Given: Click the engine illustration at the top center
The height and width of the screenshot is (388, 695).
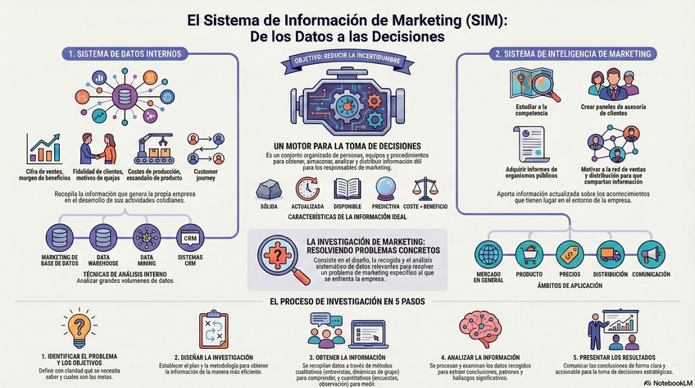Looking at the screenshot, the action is [x=347, y=104].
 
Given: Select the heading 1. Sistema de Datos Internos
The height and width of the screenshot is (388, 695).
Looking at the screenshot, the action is [x=125, y=54].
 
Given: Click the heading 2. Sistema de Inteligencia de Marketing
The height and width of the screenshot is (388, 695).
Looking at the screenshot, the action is [x=574, y=54].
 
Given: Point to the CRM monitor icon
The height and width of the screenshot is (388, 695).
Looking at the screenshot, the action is [x=189, y=238].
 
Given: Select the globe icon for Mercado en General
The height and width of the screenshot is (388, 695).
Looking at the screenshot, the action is [x=490, y=254].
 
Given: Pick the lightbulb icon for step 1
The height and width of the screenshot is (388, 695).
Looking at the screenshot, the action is [x=79, y=328].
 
